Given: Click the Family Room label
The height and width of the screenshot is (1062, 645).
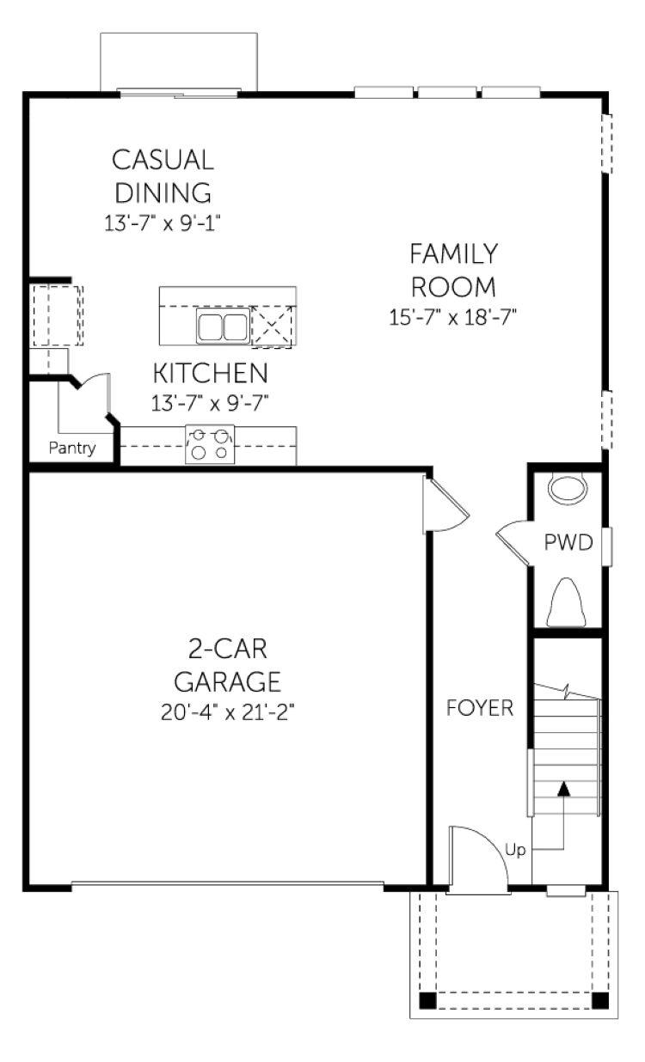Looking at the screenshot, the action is (453, 270).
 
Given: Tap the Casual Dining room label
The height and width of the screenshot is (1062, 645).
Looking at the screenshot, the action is (163, 176).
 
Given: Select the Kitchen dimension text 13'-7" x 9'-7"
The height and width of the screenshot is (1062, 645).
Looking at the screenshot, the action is (210, 404).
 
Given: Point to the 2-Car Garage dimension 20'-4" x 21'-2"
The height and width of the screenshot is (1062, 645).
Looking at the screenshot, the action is (228, 712).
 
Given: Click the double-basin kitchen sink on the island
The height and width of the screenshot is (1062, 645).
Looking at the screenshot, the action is (223, 327).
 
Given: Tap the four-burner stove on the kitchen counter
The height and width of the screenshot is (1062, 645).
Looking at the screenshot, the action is (210, 444).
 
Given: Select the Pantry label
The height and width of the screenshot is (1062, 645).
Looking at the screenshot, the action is (72, 448).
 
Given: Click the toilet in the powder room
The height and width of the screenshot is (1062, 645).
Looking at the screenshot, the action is (565, 602).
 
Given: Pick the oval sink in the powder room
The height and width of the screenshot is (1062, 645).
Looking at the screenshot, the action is (568, 488).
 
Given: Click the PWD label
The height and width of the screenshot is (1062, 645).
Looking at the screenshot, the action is (568, 542).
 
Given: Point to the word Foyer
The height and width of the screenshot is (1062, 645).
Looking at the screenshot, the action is (480, 708).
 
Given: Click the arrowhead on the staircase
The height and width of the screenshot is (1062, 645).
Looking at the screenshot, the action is (563, 789).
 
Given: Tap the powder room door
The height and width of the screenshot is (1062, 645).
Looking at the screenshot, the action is (513, 543).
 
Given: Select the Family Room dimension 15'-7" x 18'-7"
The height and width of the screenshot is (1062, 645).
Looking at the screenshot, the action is (452, 317).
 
